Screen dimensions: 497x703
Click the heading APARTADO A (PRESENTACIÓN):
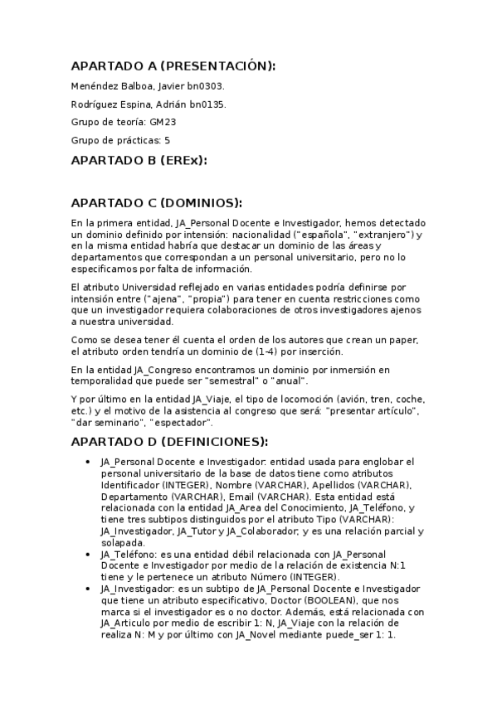[173, 66]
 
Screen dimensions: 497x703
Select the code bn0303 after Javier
[207, 85]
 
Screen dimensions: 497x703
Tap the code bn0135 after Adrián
[207, 104]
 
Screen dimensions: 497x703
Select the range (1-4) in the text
[261, 350]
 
